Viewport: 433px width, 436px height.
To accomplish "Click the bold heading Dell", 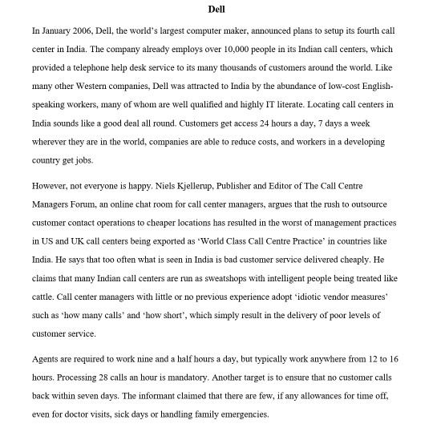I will [x=216, y=9].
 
